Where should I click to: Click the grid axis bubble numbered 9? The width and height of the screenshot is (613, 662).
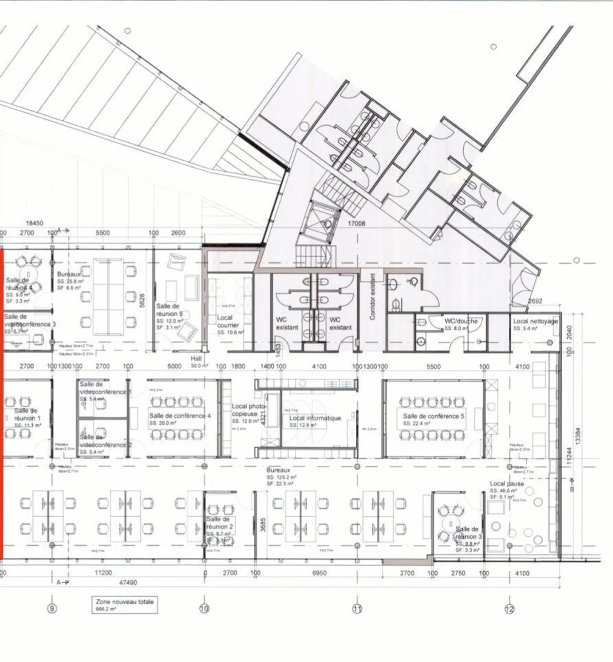52,609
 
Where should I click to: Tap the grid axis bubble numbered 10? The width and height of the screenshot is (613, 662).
204,609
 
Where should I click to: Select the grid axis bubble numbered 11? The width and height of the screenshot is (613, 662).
357,609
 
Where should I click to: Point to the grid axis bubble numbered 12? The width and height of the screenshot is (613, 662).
510,609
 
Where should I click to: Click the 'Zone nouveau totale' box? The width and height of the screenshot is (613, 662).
125,605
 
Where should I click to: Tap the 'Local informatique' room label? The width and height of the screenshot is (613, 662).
315,418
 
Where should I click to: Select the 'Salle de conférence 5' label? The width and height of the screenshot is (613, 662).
433,416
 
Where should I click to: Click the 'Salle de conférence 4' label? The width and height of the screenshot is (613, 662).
180,416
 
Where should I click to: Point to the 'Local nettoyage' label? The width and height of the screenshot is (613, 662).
535,321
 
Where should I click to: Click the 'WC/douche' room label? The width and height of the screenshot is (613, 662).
461,321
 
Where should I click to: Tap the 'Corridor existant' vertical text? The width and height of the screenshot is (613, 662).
372,296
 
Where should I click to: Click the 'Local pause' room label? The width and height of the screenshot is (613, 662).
507,484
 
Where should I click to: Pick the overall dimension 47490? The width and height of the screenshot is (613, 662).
128,582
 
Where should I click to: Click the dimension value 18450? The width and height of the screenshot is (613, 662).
34,223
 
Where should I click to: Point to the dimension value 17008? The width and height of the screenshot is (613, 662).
356,223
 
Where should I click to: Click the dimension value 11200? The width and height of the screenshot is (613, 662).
103,573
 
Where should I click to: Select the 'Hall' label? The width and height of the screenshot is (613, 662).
196,359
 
